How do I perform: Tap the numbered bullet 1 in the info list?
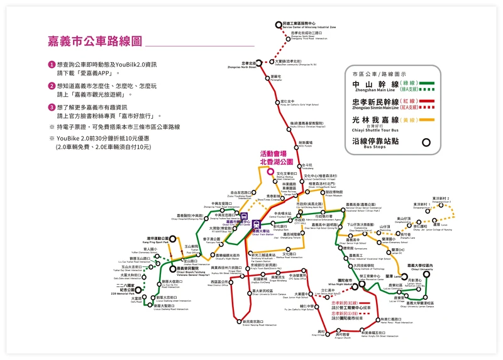[x=52, y=65]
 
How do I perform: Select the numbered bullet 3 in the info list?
[x=52, y=107]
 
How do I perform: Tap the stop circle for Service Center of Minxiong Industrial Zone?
[x=278, y=25]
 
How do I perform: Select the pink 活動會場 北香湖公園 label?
[x=273, y=157]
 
